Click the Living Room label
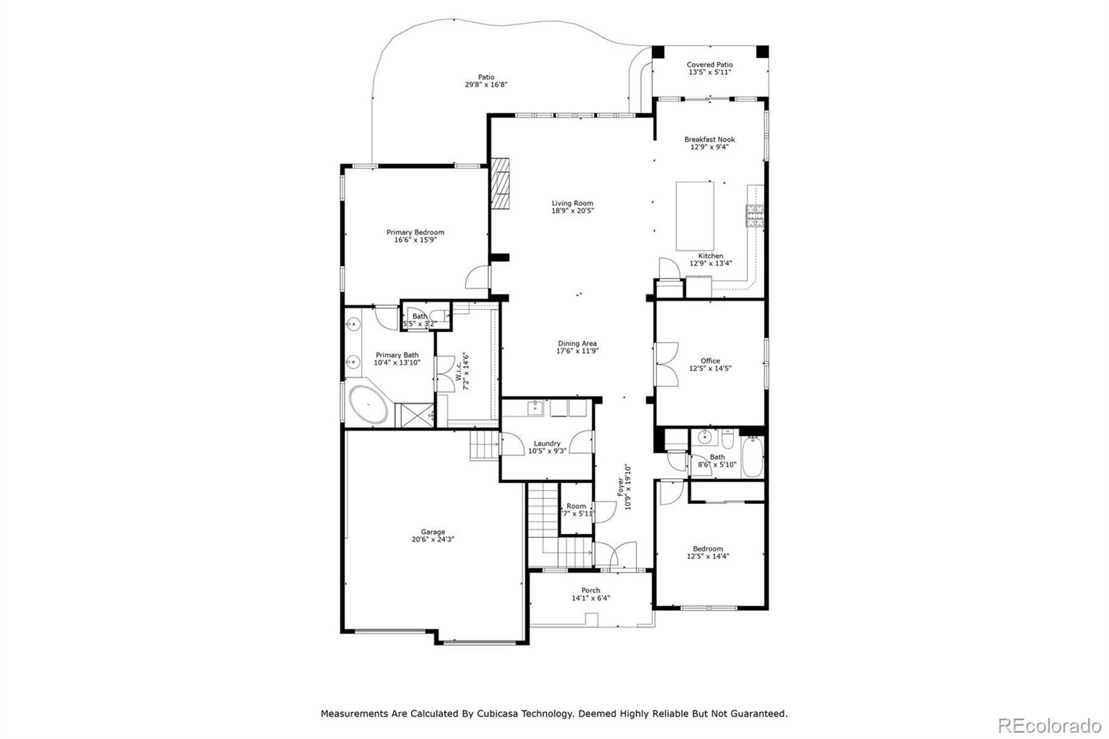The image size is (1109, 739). tap(573, 203)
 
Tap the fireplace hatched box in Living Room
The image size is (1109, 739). tap(500, 183)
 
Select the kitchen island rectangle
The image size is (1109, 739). tap(695, 216)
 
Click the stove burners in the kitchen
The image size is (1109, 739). tap(754, 216)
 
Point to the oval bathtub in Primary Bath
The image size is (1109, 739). tap(368, 406)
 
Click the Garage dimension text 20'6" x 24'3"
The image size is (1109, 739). tap(433, 539)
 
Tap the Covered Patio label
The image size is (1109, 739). tap(710, 64)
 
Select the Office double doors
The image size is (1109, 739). tap(667, 365)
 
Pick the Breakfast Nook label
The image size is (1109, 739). tap(710, 139)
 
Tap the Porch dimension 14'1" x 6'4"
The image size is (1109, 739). tap(591, 598)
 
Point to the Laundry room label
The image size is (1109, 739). tap(547, 444)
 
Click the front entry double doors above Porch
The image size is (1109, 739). tap(615, 555)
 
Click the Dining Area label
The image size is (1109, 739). tap(577, 343)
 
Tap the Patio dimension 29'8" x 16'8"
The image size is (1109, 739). tap(486, 85)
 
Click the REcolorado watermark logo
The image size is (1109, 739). tap(1049, 725)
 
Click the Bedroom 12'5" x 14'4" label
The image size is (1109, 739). tap(708, 548)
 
